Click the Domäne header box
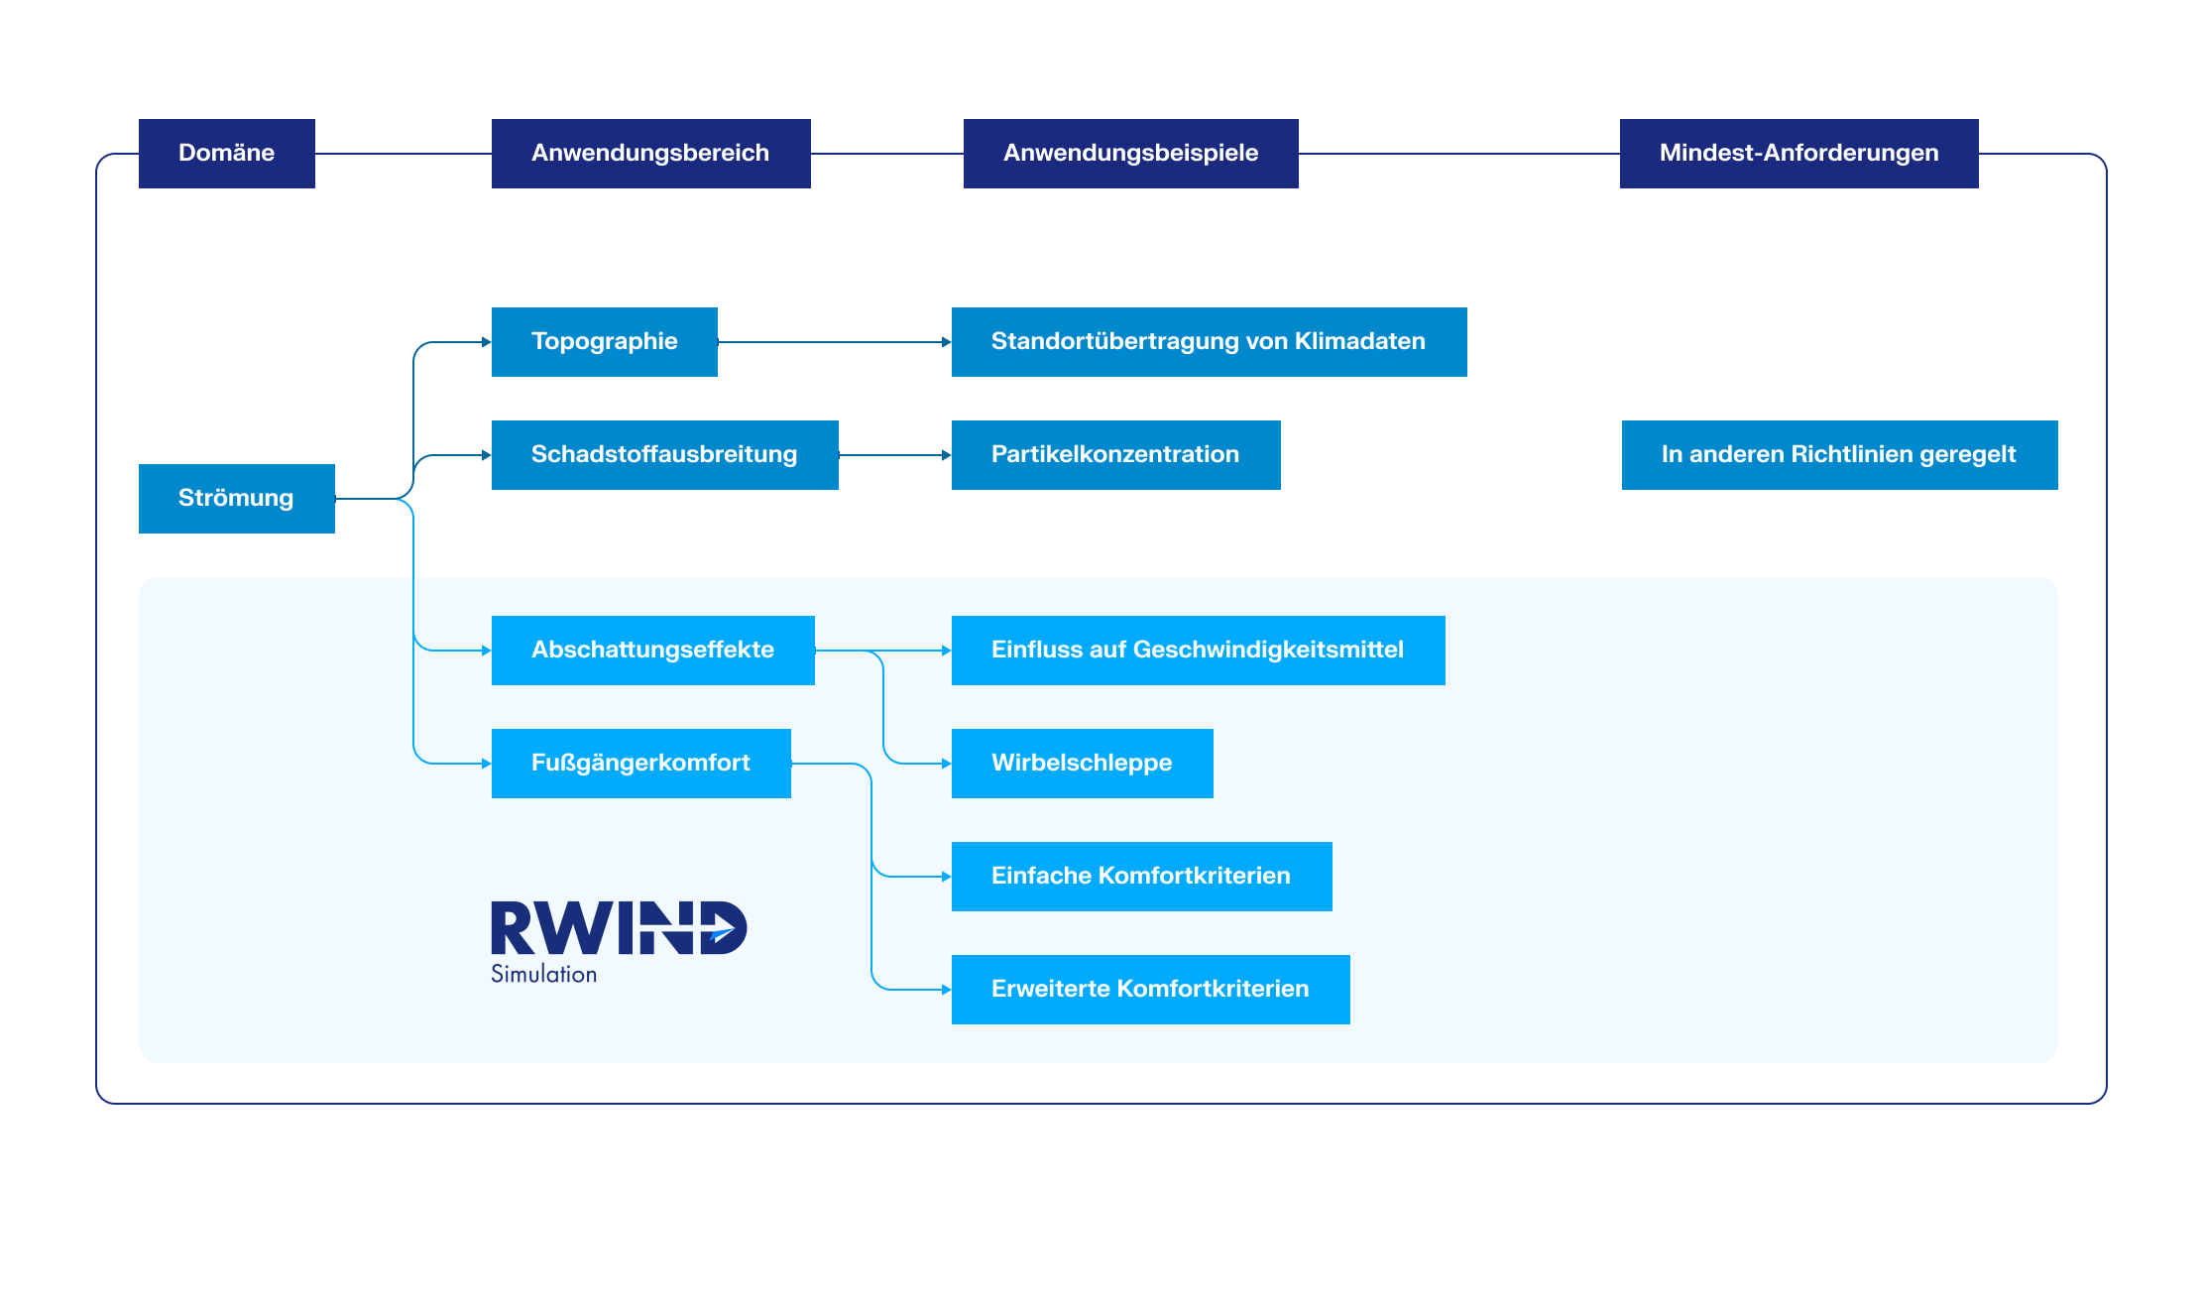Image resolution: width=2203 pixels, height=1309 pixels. pyautogui.click(x=226, y=153)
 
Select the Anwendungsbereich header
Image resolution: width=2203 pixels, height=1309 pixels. pyautogui.click(x=650, y=153)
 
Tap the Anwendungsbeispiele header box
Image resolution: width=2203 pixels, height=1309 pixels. pyautogui.click(x=1130, y=153)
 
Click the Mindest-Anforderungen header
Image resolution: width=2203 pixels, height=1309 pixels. pyautogui.click(x=1798, y=153)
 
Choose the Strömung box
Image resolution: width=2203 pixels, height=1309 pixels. pyautogui.click(x=236, y=498)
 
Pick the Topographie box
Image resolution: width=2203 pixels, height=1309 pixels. pyautogui.click(x=604, y=341)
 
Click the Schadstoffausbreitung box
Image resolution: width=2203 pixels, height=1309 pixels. pyautogui.click(x=664, y=454)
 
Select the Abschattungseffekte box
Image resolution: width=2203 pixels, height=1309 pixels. pyautogui.click(x=652, y=650)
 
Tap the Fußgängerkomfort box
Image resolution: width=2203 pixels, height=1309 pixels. pyautogui.click(x=640, y=763)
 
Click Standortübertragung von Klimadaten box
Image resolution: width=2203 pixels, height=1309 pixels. pyautogui.click(x=1209, y=341)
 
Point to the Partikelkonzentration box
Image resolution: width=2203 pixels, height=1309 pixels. pyautogui.click(x=1115, y=454)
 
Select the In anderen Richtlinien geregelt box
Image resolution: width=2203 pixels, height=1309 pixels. pyautogui.click(x=1839, y=454)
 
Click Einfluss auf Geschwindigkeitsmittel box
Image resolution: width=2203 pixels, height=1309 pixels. pyautogui.click(x=1198, y=650)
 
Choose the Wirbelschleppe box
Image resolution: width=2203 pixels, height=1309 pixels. pyautogui.click(x=1082, y=763)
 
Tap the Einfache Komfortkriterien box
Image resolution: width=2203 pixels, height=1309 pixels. pyautogui.click(x=1141, y=876)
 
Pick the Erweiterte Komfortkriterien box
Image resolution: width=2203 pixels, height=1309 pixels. pyautogui.click(x=1150, y=989)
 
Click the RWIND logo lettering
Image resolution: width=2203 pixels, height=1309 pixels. pyautogui.click(x=619, y=928)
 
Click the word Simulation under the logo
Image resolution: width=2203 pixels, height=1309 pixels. pyautogui.click(x=543, y=975)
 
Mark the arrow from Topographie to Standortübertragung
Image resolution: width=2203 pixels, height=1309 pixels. pyautogui.click(x=833, y=342)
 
